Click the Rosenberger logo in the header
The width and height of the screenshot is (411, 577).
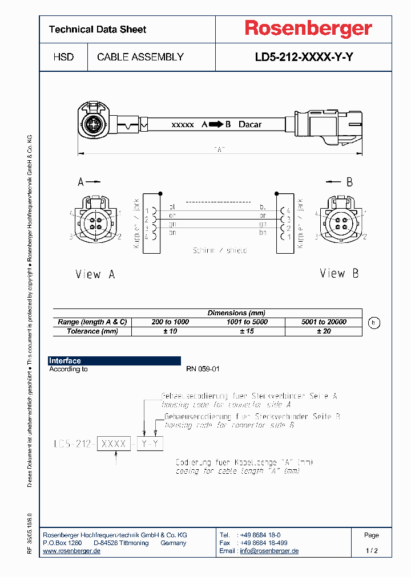click(x=308, y=29)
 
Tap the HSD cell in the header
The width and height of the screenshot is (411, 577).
click(x=63, y=57)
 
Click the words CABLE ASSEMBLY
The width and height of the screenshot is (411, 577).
click(x=140, y=57)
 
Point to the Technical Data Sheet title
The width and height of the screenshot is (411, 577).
click(x=98, y=30)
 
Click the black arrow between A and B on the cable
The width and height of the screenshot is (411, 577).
click(x=216, y=124)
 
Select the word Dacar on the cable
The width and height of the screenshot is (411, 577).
click(x=250, y=124)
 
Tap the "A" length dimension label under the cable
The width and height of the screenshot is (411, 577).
click(x=220, y=149)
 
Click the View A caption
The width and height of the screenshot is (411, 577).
click(x=95, y=274)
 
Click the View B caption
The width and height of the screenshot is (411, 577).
click(x=339, y=274)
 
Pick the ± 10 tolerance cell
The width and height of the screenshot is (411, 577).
click(x=170, y=331)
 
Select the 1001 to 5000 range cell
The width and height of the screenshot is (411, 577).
click(x=247, y=322)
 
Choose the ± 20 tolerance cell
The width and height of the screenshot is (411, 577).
click(x=324, y=331)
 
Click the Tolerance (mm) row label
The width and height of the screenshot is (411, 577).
click(x=92, y=331)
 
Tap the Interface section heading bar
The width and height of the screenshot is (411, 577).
click(x=114, y=361)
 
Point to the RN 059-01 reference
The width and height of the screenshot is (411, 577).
click(x=203, y=369)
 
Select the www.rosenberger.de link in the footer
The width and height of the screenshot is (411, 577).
click(x=72, y=551)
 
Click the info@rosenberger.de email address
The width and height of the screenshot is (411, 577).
click(x=269, y=551)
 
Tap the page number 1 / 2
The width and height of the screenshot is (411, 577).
click(x=371, y=551)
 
